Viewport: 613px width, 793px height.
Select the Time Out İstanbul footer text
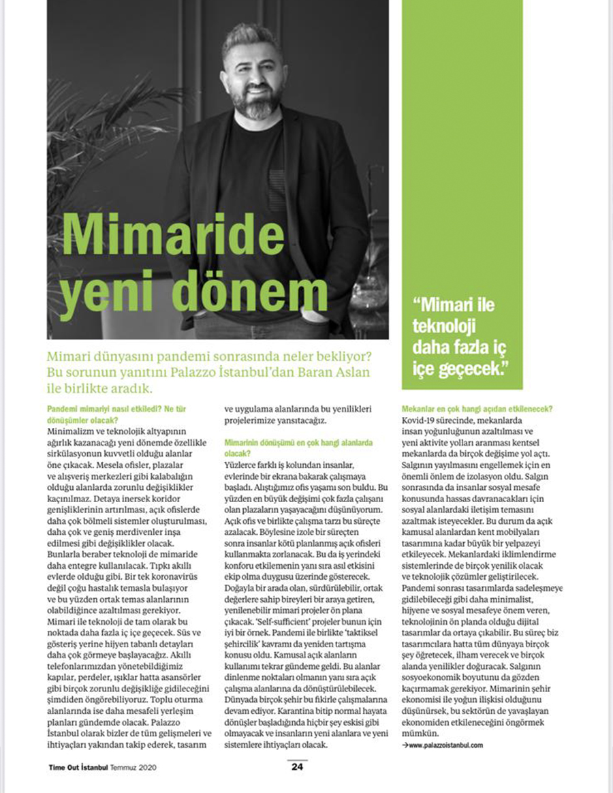click(x=79, y=766)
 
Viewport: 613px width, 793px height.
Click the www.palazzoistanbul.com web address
click(x=445, y=745)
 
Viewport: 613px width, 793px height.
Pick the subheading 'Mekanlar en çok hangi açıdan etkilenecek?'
click(x=477, y=409)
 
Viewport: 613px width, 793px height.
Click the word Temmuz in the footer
click(x=129, y=766)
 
